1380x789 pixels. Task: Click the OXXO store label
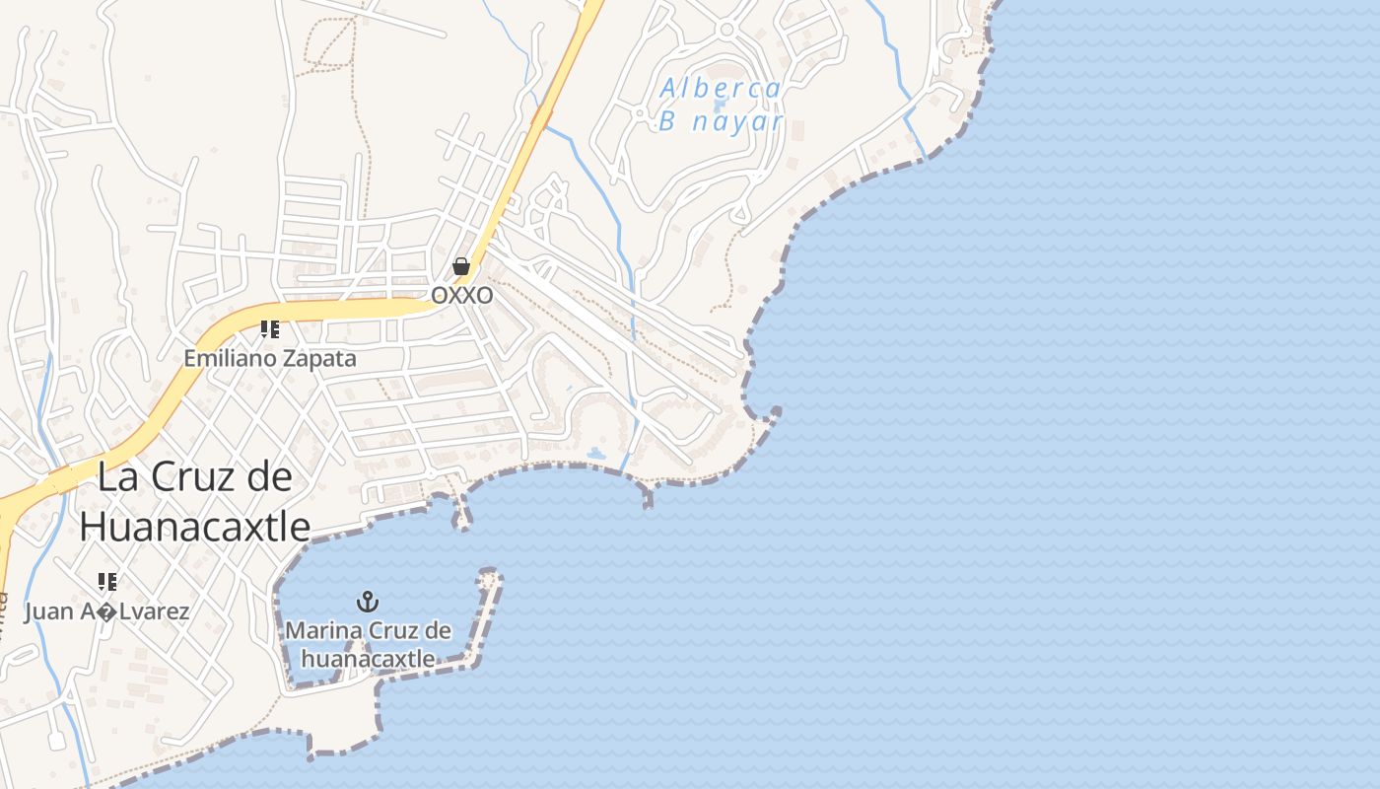pos(462,295)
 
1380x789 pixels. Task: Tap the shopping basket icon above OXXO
pos(460,266)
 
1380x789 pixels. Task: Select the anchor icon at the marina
pos(368,601)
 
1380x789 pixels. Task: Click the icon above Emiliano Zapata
pos(269,329)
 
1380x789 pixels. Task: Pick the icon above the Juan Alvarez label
pos(106,582)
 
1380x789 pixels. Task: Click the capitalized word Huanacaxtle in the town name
pos(194,527)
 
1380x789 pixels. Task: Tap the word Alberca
pos(720,89)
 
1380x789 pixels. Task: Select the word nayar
pos(735,122)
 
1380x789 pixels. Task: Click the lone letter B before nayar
pos(667,122)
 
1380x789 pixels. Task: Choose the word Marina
pos(321,631)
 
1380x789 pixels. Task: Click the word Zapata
pos(319,358)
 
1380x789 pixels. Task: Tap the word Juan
pos(49,611)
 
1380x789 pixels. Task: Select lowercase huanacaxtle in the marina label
pos(369,658)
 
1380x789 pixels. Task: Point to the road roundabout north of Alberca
pos(727,29)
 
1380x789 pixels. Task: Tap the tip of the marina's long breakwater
pos(489,573)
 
